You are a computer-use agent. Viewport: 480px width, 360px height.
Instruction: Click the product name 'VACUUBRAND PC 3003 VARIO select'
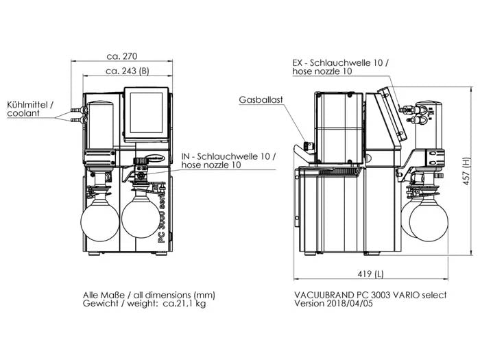click(370, 294)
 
